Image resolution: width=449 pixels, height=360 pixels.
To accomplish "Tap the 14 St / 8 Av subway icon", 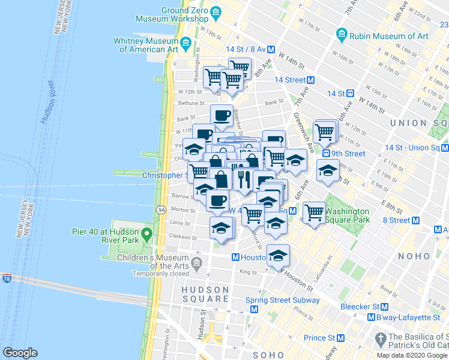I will click(x=271, y=50).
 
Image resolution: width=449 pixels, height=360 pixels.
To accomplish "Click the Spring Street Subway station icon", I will click(x=254, y=310).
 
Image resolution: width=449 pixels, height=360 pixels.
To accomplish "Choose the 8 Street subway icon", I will click(x=414, y=220).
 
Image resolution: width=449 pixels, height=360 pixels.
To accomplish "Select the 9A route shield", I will click(x=161, y=210).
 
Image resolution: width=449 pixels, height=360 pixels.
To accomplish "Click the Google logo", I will click(x=20, y=353).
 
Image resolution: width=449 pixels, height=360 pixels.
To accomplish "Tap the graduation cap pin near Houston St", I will click(x=278, y=255).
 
